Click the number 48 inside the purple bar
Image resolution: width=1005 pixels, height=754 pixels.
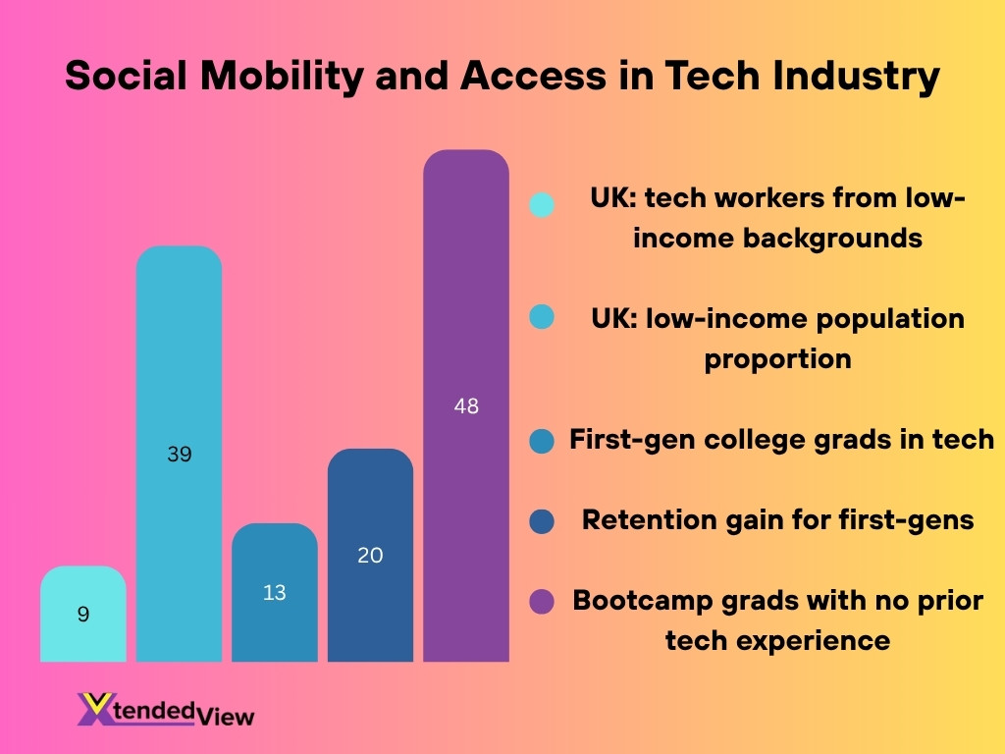click(466, 405)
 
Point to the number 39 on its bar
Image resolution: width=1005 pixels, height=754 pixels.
click(179, 455)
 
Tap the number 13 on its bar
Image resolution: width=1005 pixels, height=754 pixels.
click(275, 593)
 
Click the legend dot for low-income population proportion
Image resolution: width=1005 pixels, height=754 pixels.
click(542, 317)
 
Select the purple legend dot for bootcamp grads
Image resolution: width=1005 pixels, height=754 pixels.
click(542, 601)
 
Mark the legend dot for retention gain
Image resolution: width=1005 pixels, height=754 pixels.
click(542, 520)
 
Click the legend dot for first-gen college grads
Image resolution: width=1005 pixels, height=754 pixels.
click(542, 441)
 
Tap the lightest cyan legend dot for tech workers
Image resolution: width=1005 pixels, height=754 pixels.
click(542, 204)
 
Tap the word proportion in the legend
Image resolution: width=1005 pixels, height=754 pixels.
click(777, 358)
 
